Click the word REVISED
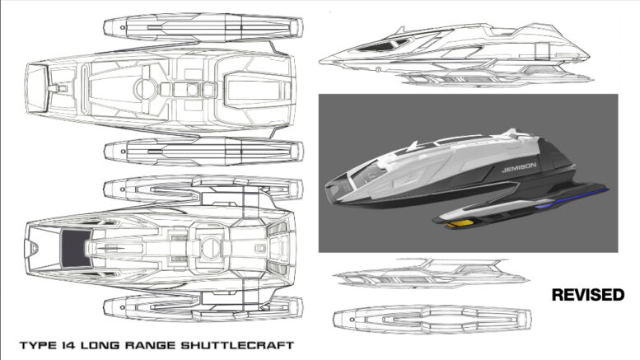pos(588,295)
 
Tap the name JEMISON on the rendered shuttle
pos(519,167)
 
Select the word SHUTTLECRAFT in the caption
pos(236,345)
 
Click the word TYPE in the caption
pos(39,345)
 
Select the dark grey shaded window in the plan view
pos(77,248)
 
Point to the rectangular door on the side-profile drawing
pos(543,51)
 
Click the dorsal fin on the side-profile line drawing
pos(400,30)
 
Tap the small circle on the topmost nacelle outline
pos(123,28)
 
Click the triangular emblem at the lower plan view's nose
pos(34,247)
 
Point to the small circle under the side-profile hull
pos(378,69)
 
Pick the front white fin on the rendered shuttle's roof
pos(413,146)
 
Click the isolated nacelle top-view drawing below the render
pos(432,318)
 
